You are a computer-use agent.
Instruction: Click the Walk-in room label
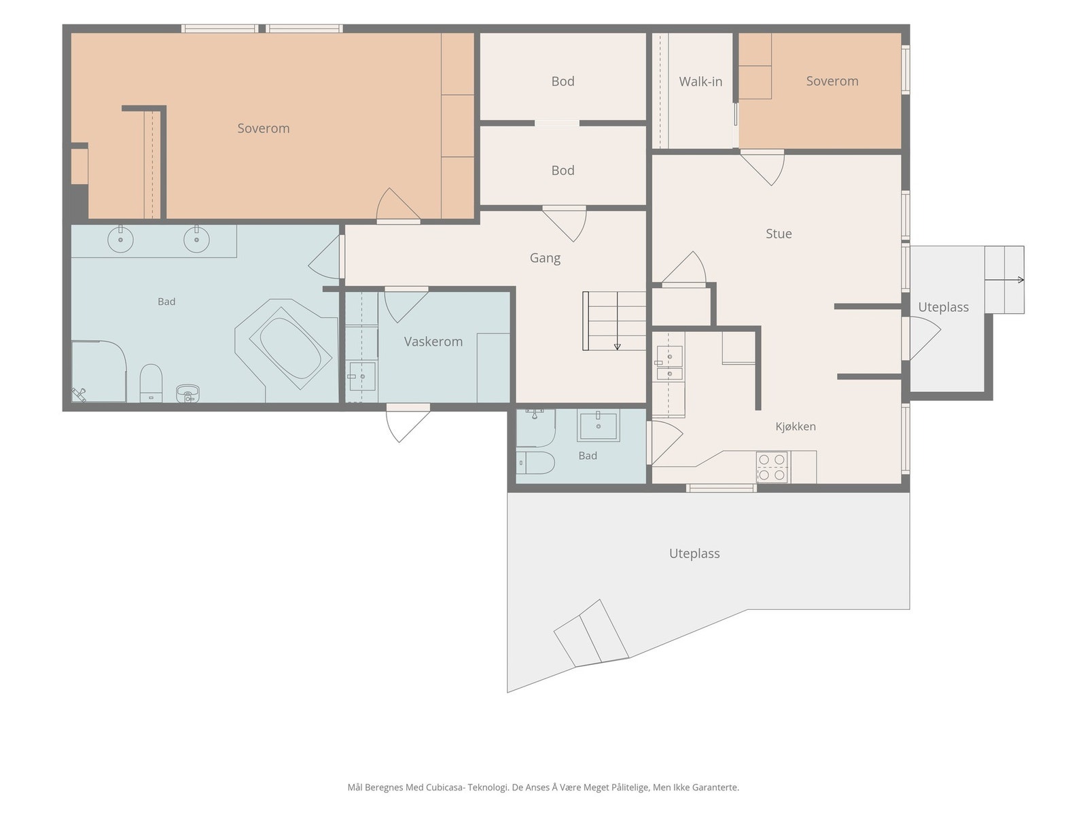coord(700,81)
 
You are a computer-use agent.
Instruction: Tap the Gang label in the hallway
coord(545,258)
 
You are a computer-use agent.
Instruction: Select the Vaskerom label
coord(433,342)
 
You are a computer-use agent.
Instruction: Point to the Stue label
coord(779,234)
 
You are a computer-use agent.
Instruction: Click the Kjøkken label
coord(796,426)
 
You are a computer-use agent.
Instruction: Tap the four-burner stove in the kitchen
coord(772,467)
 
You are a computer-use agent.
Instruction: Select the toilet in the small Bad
coord(535,463)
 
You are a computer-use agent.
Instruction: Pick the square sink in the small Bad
coord(599,425)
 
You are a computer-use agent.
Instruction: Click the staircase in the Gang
coord(614,321)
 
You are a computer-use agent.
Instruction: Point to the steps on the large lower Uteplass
coord(591,633)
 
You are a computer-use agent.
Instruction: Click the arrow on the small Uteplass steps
coord(1004,280)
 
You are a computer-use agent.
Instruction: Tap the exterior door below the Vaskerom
coord(408,423)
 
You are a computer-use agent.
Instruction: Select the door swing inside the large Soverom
coord(398,204)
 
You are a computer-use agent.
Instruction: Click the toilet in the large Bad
coord(151,384)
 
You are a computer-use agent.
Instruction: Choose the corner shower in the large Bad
coord(99,371)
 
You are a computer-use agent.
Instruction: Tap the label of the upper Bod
coord(563,81)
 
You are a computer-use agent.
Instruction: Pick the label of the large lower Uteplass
coord(694,554)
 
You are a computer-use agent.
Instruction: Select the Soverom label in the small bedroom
coord(832,81)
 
